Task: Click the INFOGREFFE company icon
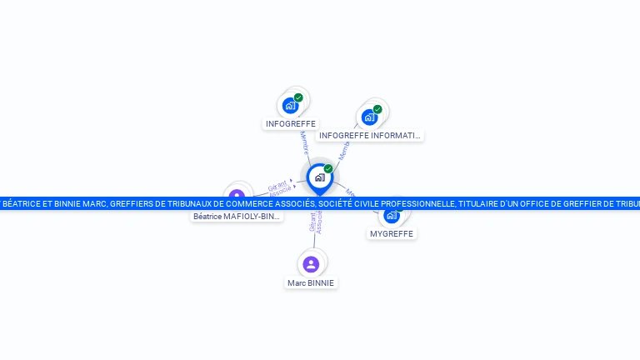tap(289, 106)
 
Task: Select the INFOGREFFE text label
tap(290, 124)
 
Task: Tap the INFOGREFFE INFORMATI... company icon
tap(369, 117)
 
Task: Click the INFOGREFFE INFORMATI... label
tap(370, 135)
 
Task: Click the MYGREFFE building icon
tap(391, 216)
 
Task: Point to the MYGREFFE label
tap(392, 234)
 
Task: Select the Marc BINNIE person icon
tap(311, 264)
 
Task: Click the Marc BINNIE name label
tap(311, 283)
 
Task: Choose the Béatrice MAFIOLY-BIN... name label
tap(237, 217)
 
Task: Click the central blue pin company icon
tap(319, 177)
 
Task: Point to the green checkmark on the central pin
tap(328, 168)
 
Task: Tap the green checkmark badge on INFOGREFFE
tap(298, 97)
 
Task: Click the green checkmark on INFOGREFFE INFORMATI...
tap(377, 109)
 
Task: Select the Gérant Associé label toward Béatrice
tap(280, 187)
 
